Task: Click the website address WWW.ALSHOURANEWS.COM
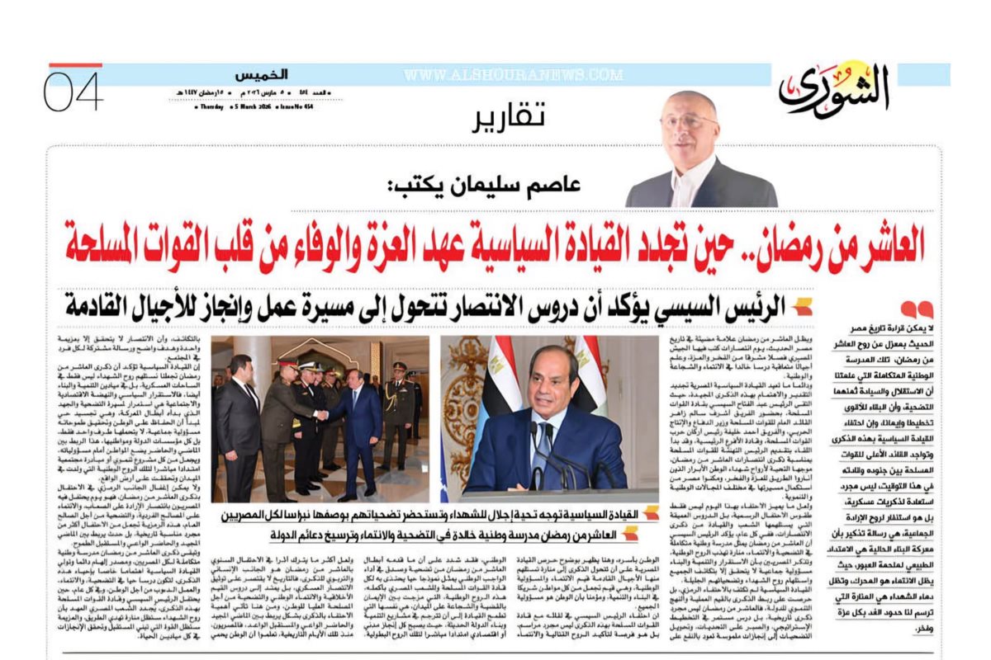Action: tap(513, 75)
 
